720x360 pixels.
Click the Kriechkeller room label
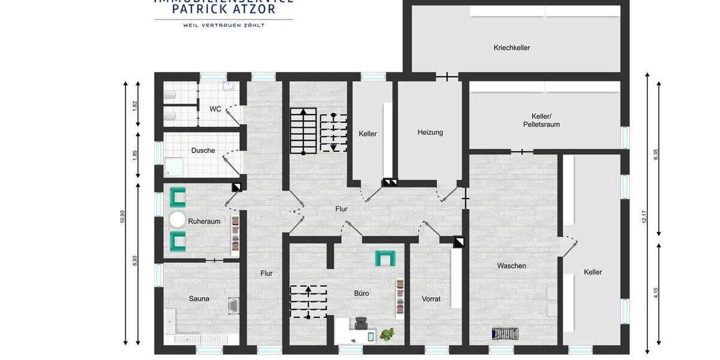(511, 48)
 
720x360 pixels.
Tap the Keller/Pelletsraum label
(545, 120)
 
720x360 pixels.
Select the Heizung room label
(430, 133)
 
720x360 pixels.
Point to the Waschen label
(511, 266)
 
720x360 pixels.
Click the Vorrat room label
(431, 299)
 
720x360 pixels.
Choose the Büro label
(361, 293)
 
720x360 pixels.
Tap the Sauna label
(199, 299)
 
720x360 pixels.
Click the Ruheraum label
(204, 221)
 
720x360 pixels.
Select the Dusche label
(203, 151)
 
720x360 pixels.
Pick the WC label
(215, 109)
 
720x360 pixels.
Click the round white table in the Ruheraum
(178, 220)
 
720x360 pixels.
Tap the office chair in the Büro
(361, 324)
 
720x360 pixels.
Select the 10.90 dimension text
(123, 217)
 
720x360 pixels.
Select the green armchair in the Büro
(385, 258)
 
